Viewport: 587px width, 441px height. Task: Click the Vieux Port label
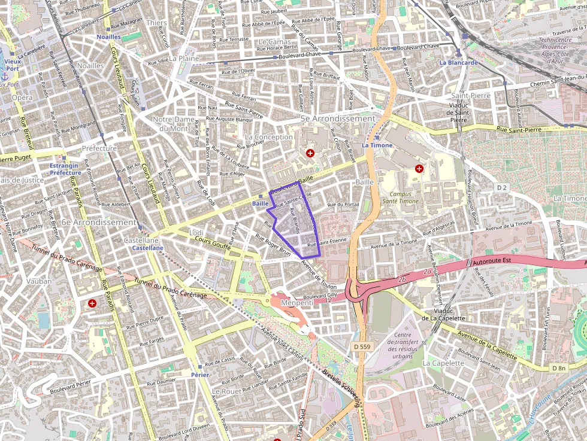pos(12,65)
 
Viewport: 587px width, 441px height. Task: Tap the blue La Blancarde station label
pos(458,62)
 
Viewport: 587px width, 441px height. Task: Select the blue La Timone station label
pos(377,145)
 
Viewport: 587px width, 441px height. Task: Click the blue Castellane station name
pos(147,248)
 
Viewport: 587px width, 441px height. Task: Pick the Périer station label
pos(199,375)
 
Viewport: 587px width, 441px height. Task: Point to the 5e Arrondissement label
pos(338,118)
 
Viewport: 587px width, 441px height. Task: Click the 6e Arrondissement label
pos(99,222)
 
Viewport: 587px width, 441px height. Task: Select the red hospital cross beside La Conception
pos(310,153)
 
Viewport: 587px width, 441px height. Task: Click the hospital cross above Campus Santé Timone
pos(419,169)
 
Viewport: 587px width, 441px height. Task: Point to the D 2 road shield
pos(502,188)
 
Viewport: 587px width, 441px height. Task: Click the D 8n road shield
pos(559,368)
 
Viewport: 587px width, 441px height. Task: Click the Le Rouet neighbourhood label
pos(226,391)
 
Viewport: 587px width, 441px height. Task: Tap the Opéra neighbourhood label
pos(22,98)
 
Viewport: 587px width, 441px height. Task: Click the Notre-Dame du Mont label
pos(174,124)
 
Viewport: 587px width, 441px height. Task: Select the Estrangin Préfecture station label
pos(65,169)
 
